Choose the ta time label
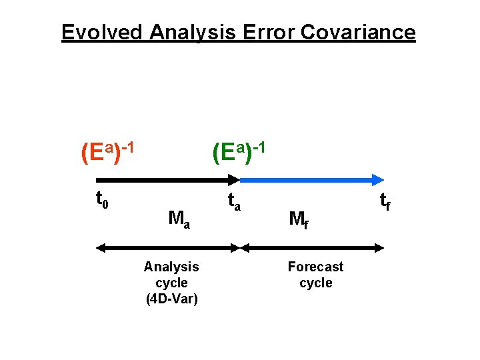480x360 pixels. (233, 200)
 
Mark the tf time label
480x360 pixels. (385, 200)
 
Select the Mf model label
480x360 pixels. (298, 218)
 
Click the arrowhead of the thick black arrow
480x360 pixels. (234, 179)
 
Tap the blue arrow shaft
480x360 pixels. (307, 179)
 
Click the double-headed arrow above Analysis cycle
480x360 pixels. (167, 248)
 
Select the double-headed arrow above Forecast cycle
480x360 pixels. (312, 248)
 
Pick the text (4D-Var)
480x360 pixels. (171, 299)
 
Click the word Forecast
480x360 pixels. (315, 267)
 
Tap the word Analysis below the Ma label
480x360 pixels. (171, 267)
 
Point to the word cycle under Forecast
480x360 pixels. (315, 283)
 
